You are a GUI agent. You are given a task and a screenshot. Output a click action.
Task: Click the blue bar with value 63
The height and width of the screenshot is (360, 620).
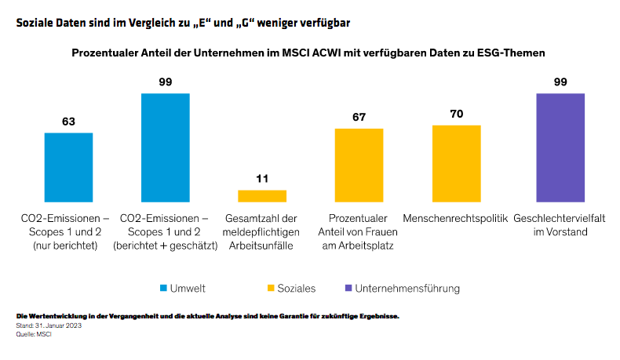pos(68,167)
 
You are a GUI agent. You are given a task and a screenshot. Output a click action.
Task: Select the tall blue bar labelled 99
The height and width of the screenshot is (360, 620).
pos(165,147)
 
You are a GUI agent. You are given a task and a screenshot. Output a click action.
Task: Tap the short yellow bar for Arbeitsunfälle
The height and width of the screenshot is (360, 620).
pos(262,196)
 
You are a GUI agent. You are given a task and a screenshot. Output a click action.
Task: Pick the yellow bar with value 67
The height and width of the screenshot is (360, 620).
pos(359,165)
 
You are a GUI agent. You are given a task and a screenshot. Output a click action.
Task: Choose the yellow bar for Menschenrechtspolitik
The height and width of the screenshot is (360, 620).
pos(456,163)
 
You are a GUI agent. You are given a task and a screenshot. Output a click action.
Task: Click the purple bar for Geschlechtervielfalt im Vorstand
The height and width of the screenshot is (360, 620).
pos(560,147)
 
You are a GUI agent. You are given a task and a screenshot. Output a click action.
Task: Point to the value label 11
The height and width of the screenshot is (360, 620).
pos(262,179)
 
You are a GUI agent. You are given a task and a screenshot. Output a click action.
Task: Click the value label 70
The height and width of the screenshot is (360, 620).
pos(456,114)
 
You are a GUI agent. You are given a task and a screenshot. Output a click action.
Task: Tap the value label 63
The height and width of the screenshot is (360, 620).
pos(68,122)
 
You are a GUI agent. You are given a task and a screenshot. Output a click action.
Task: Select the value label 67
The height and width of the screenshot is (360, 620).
pos(359,117)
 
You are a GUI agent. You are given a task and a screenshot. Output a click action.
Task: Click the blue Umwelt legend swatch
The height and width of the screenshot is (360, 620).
pos(164,289)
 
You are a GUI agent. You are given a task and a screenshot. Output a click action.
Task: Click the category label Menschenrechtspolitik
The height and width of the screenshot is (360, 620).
pos(456,218)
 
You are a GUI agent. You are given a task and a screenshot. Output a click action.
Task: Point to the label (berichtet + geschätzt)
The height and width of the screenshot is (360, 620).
pos(165,246)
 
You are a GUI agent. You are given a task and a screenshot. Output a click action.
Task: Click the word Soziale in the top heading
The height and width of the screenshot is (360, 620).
pos(37,23)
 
